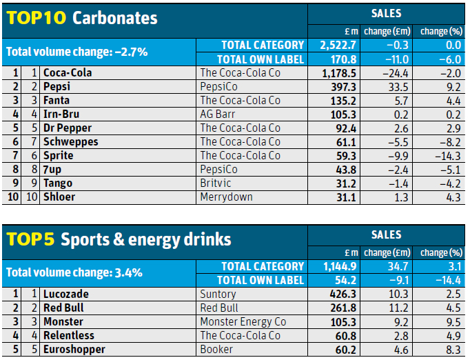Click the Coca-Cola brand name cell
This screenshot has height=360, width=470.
point(68,72)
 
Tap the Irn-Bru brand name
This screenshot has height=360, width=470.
point(61,114)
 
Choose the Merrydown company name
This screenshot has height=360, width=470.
point(226,197)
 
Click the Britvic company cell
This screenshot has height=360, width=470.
point(216,183)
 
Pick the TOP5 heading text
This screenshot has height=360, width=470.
point(30,239)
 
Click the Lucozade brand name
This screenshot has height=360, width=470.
point(65,294)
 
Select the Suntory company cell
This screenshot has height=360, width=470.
point(218,294)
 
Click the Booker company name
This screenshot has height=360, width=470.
point(216,349)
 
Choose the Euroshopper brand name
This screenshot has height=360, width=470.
point(74,349)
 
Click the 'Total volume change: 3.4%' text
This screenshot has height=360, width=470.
point(74,272)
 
